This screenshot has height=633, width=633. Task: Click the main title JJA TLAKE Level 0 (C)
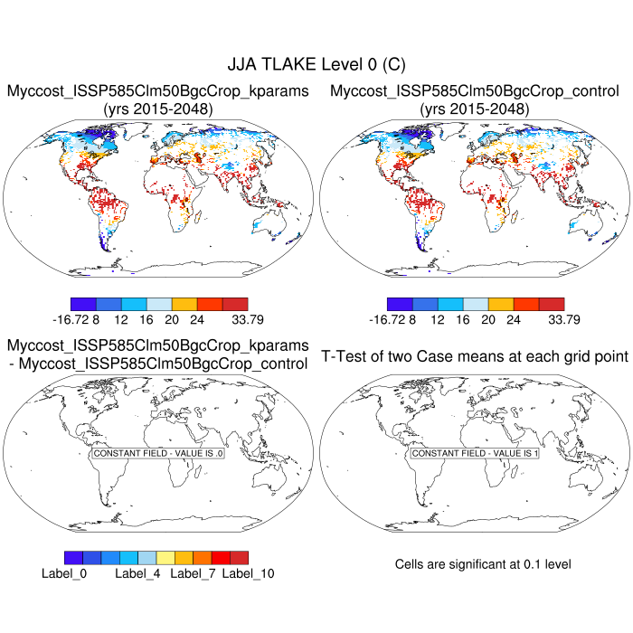[316, 64]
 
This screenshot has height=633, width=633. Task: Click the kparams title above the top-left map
[158, 91]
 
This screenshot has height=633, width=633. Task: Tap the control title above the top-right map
[475, 91]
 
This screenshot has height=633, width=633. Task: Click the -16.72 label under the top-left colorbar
[73, 319]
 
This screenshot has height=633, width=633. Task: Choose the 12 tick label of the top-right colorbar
[438, 319]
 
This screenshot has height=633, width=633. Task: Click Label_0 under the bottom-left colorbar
[63, 573]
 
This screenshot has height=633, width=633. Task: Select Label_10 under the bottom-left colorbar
[249, 573]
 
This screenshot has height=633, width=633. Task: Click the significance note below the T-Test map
[483, 564]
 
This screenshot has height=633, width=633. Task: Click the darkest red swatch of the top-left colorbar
[234, 304]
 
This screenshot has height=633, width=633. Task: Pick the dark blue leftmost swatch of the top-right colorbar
[399, 304]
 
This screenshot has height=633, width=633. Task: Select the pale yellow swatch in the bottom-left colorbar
[165, 557]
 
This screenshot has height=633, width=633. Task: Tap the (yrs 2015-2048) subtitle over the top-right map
[475, 109]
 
